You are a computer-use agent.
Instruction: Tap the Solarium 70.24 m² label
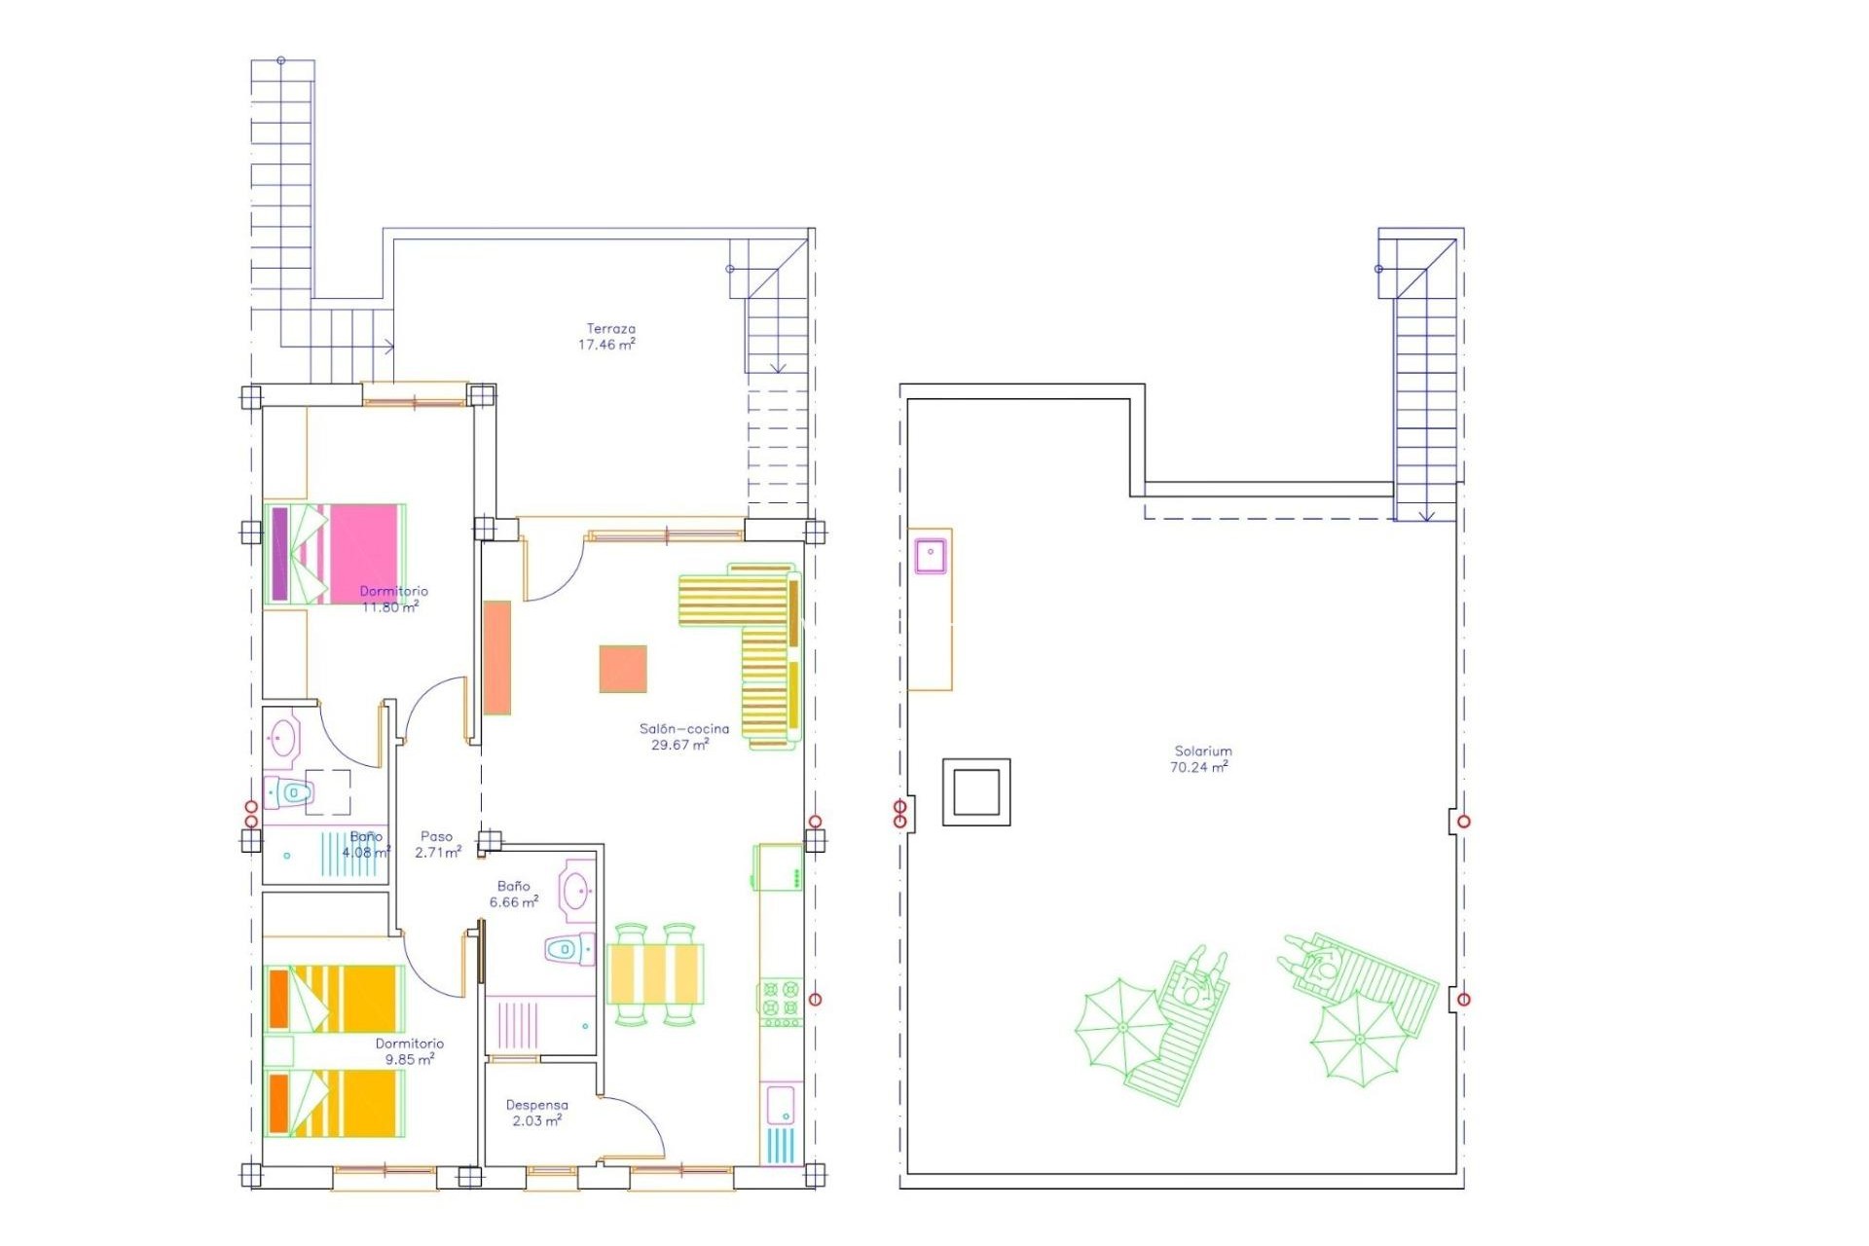point(1201,759)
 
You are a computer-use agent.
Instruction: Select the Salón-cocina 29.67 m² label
point(683,737)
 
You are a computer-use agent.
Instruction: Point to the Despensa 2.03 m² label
point(536,1113)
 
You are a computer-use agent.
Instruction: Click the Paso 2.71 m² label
point(437,844)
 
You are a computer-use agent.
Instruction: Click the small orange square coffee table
point(623,669)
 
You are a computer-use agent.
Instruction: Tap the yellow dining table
point(654,972)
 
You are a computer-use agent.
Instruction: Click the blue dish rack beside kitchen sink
point(780,1146)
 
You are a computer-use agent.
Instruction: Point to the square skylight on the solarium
point(976,792)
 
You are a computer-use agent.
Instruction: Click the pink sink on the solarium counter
point(931,555)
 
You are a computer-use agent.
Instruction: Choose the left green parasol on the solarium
point(1121,1027)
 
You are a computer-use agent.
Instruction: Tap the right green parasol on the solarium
point(1359,1042)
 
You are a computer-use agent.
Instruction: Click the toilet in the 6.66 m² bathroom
point(569,948)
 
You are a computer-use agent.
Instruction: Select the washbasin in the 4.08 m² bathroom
point(282,738)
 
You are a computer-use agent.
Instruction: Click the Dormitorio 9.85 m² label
point(409,1051)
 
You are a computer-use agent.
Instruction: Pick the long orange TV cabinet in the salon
point(497,657)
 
